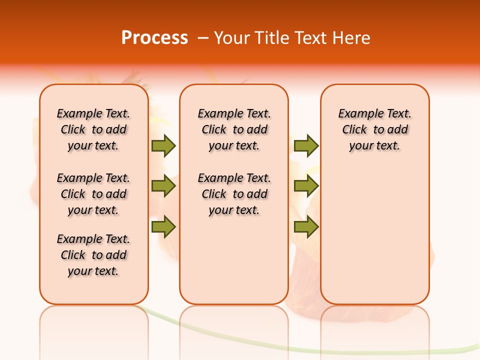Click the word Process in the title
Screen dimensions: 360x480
click(x=154, y=38)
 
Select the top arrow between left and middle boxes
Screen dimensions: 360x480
click(x=163, y=145)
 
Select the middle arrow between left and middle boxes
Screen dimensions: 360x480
click(x=163, y=186)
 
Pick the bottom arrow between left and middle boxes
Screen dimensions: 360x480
click(x=163, y=227)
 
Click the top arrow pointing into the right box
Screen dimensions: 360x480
click(x=306, y=145)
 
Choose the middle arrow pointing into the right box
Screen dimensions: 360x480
click(x=306, y=186)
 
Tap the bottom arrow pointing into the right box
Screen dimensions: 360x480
click(x=306, y=227)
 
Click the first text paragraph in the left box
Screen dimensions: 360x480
click(x=93, y=129)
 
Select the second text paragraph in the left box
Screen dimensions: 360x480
click(x=93, y=194)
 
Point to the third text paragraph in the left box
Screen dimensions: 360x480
click(x=93, y=255)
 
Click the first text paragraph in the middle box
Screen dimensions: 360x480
click(x=234, y=129)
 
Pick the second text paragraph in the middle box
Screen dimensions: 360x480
click(x=234, y=194)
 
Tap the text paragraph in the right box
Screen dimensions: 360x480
click(x=374, y=129)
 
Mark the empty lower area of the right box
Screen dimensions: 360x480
click(x=374, y=230)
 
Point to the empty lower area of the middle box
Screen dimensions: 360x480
click(x=234, y=260)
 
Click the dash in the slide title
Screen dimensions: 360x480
click(x=203, y=38)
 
